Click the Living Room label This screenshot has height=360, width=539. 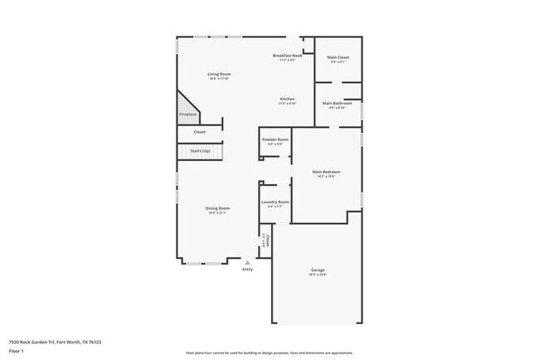click(x=219, y=75)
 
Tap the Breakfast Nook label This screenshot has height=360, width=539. click(x=288, y=56)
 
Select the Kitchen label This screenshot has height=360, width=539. click(x=287, y=99)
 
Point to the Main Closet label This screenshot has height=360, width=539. click(x=338, y=57)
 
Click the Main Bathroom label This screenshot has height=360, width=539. click(x=337, y=103)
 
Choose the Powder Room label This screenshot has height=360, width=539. click(x=275, y=139)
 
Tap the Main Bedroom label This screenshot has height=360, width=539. click(x=326, y=172)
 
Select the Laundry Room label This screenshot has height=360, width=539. click(x=275, y=202)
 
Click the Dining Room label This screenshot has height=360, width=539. click(x=218, y=208)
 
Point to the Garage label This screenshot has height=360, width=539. click(x=318, y=270)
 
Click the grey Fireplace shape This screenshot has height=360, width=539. click(x=186, y=110)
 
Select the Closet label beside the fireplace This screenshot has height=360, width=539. click(x=200, y=132)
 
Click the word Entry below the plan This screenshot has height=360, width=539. click(x=247, y=270)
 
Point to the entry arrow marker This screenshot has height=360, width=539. click(x=247, y=262)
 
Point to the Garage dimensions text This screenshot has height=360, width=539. click(x=318, y=275)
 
